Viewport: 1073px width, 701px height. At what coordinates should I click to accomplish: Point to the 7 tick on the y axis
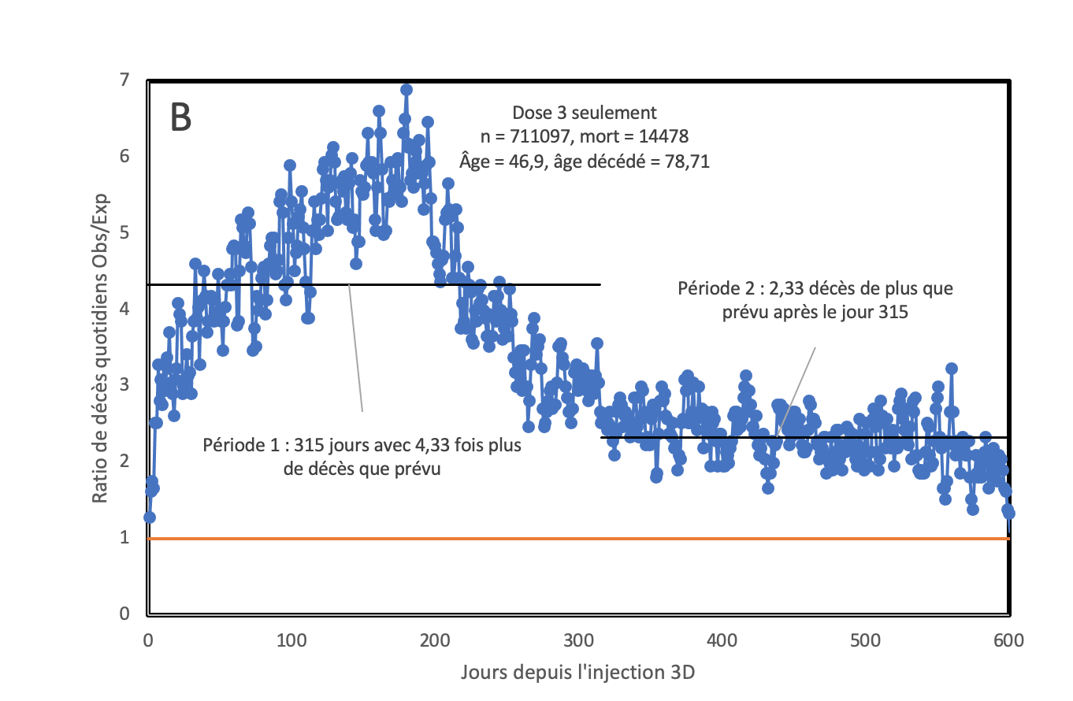coord(125,80)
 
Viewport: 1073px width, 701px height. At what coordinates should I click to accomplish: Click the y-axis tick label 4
coord(125,309)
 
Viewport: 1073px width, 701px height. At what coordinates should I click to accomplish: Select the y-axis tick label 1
coord(125,537)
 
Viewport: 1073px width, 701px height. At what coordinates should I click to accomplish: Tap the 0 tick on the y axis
coord(125,614)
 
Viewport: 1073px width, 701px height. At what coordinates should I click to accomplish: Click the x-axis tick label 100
coord(291,640)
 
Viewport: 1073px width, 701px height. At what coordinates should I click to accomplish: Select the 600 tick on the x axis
coord(1008,640)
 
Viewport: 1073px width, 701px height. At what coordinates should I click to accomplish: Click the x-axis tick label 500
coord(865,640)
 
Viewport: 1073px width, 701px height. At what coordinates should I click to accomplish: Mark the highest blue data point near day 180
coord(407,90)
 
